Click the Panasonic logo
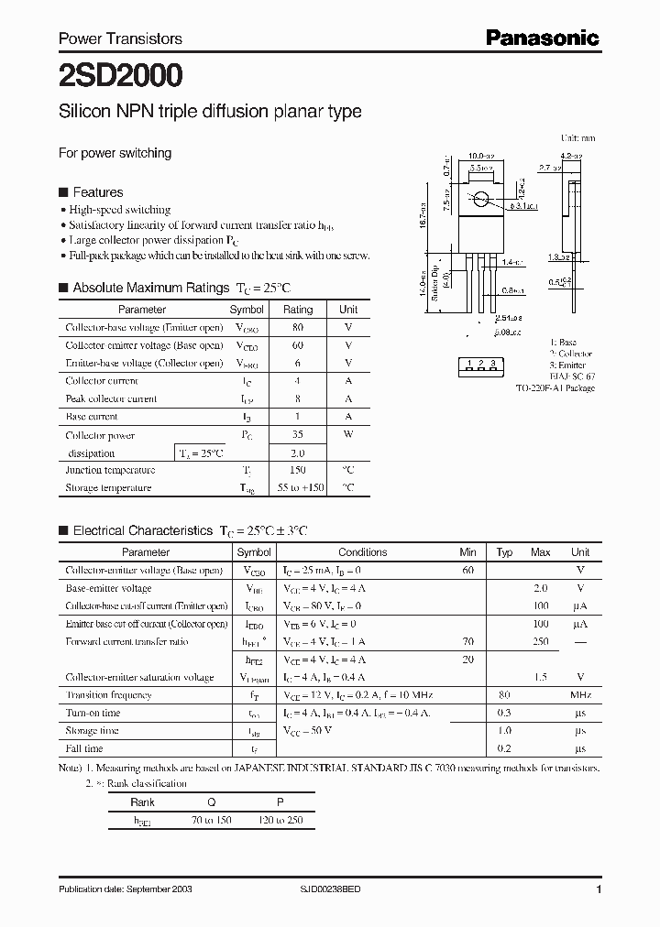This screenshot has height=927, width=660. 542,38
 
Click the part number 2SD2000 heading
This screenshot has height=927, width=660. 120,74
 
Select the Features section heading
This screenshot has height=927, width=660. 97,192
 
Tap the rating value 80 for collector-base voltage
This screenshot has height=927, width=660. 298,328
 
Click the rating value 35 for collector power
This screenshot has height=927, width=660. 298,435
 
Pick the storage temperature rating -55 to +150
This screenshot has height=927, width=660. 298,488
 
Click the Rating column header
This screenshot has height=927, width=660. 298,310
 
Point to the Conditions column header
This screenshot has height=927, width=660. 362,552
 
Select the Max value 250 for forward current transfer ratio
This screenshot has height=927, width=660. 540,642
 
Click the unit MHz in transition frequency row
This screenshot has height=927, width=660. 580,695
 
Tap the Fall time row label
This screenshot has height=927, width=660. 85,748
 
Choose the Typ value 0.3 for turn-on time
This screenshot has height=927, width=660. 504,713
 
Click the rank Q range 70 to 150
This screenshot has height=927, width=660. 210,820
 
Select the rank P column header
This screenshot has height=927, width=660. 280,801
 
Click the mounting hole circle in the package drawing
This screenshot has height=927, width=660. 480,199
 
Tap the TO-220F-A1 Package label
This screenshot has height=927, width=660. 555,388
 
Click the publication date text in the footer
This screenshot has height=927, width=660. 126,889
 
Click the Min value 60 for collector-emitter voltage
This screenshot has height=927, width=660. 468,571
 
